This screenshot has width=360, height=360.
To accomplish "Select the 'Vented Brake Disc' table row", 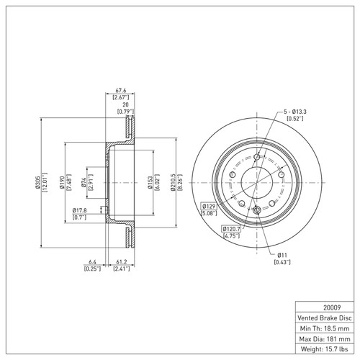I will (x=324, y=316).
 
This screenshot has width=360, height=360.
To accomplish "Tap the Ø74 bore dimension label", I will (x=85, y=183).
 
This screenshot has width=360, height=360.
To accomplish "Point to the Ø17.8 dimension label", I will (x=80, y=210).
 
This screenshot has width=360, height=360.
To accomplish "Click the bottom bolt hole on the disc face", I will (x=256, y=210).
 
